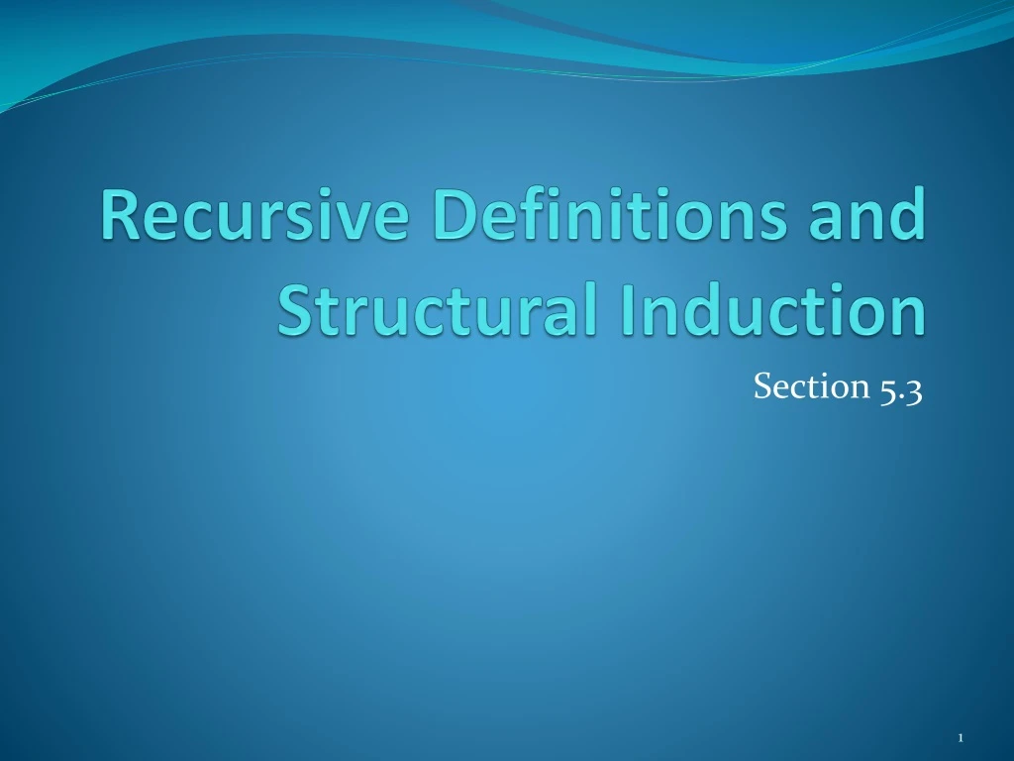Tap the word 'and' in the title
tap(869, 215)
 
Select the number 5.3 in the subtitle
tap(900, 388)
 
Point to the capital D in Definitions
tap(445, 215)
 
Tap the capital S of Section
tap(760, 387)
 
